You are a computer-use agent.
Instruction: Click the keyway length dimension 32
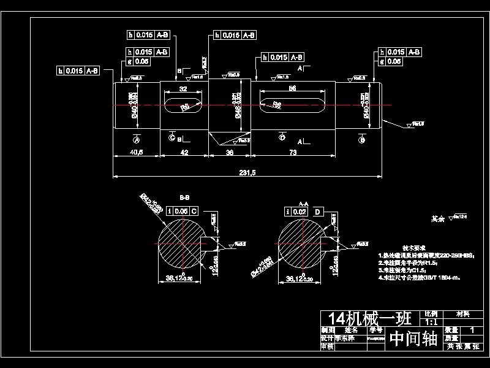(x=183, y=88)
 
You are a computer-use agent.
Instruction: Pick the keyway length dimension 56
(x=292, y=88)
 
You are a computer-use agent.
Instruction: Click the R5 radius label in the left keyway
(x=185, y=107)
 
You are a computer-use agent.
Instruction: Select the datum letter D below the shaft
(x=282, y=138)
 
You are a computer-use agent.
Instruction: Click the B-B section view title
(x=184, y=198)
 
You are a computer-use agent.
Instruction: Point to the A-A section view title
(x=303, y=202)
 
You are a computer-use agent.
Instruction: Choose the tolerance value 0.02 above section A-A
(x=300, y=212)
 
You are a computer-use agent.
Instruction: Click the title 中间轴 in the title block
(x=413, y=339)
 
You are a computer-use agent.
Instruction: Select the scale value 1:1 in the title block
(x=431, y=321)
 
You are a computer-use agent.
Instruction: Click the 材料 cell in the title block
(x=464, y=313)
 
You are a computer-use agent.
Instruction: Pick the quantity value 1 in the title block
(x=471, y=329)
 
